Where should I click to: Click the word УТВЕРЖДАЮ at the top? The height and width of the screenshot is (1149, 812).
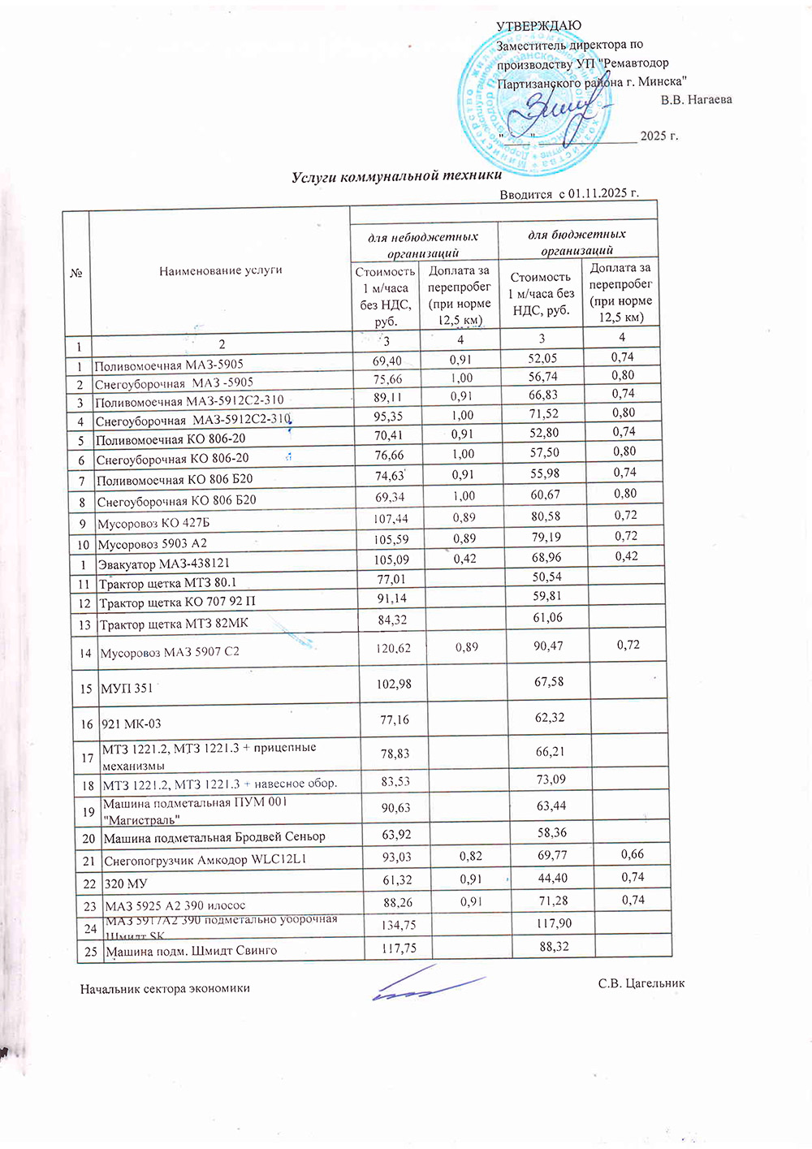tap(538, 26)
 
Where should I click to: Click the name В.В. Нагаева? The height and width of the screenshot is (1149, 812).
tap(696, 100)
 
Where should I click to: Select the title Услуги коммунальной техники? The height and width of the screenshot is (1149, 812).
tap(396, 175)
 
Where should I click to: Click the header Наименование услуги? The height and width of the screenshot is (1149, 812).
tap(220, 270)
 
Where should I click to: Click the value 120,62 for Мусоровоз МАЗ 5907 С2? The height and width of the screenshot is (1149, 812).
tap(393, 649)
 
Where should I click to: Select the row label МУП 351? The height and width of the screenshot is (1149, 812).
tap(127, 689)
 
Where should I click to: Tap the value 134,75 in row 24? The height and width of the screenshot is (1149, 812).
tap(398, 925)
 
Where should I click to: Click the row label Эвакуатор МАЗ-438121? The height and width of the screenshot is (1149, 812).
tap(163, 563)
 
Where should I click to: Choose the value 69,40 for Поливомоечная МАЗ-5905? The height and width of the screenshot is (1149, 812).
tap(387, 361)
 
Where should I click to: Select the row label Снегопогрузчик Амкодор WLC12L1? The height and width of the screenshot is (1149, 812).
tap(205, 859)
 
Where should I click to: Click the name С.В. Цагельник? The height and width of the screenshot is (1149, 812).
tap(641, 983)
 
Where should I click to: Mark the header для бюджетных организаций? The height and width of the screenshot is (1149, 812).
tap(577, 242)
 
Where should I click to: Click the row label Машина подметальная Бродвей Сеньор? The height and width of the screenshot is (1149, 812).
tap(214, 836)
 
